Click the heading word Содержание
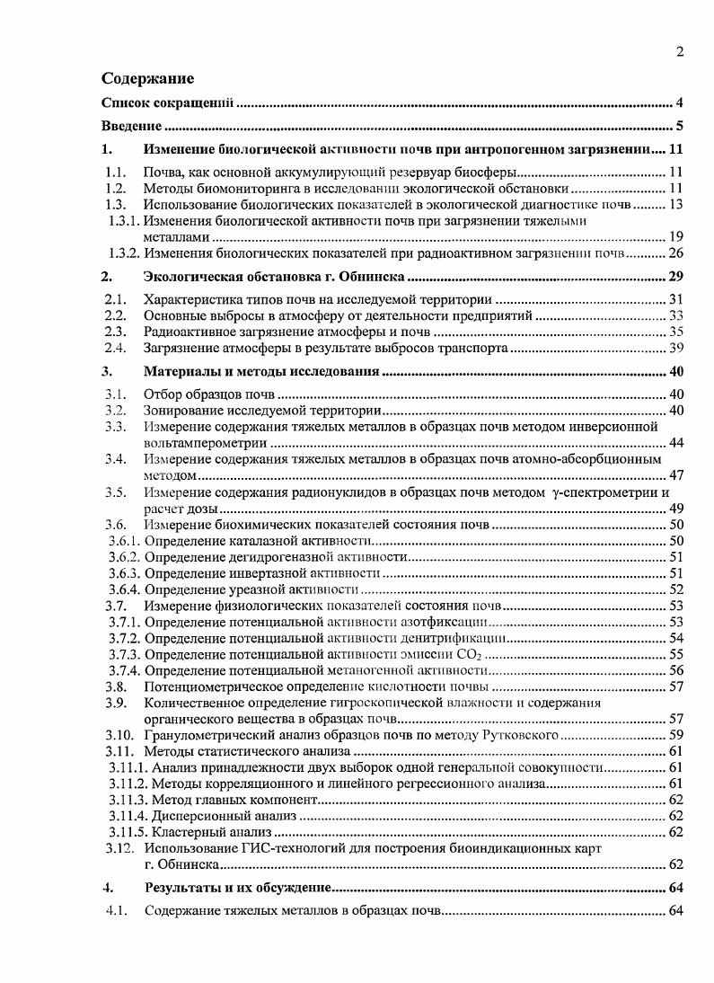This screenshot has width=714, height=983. click(x=147, y=78)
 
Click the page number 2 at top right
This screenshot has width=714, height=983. click(x=680, y=52)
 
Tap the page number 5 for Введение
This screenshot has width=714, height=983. click(x=680, y=126)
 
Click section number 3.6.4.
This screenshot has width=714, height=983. click(x=123, y=589)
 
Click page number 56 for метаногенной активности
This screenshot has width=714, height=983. click(x=676, y=670)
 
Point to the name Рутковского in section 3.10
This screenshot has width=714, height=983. click(x=522, y=735)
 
